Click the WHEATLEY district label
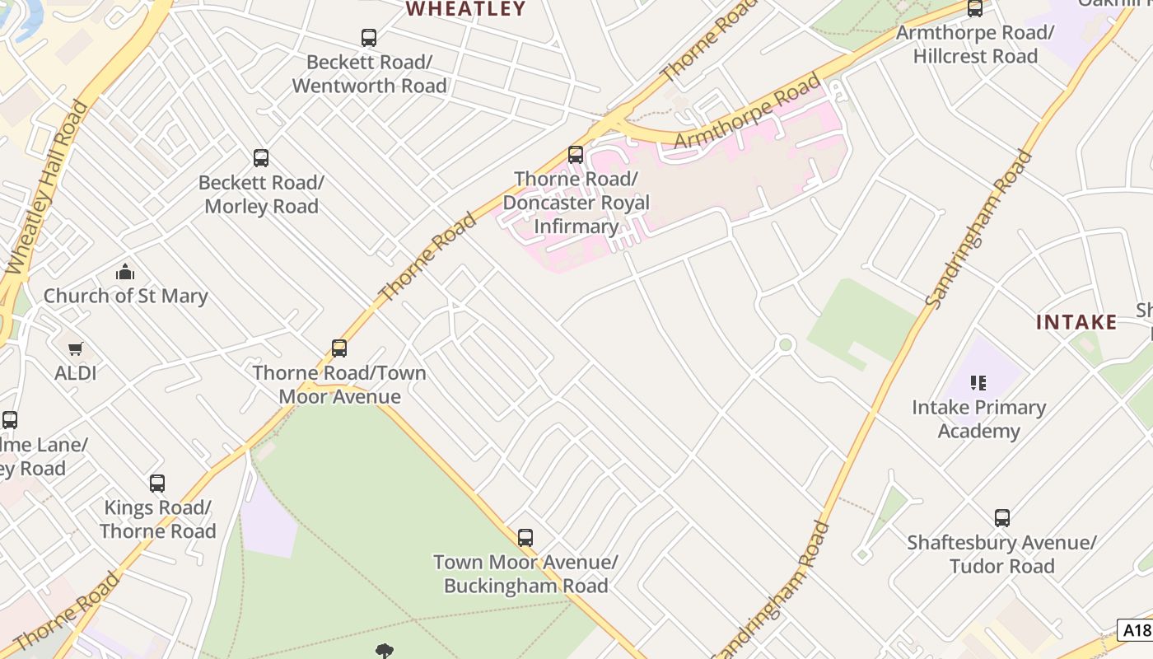click(466, 9)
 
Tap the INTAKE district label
click(1076, 322)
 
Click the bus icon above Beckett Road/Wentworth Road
click(369, 37)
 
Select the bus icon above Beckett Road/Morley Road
click(261, 158)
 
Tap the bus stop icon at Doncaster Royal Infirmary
click(576, 155)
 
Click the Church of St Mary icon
click(125, 272)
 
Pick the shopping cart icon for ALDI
click(76, 349)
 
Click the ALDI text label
click(76, 373)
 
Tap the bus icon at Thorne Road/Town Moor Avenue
click(339, 348)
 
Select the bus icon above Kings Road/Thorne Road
click(157, 484)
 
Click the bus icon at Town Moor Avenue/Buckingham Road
click(525, 538)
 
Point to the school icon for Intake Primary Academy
click(978, 383)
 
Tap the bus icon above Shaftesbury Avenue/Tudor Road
click(1002, 518)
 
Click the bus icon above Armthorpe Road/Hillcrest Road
click(975, 9)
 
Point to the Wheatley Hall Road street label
click(46, 188)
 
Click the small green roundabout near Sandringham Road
click(785, 344)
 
